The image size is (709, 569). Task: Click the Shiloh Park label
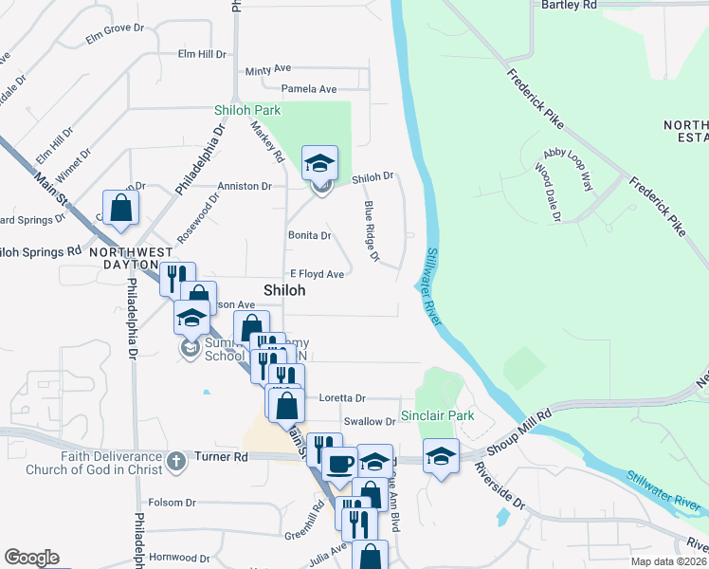(247, 110)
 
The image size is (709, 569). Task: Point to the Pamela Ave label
(315, 89)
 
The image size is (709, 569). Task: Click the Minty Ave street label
(267, 70)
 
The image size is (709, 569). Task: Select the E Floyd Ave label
(317, 274)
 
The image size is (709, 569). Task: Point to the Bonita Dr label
(309, 235)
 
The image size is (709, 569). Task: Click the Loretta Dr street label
(341, 398)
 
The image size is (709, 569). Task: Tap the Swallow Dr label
(369, 421)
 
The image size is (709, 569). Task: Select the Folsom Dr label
(172, 503)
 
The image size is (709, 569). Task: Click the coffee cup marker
(339, 464)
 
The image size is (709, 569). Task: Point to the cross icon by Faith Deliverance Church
(174, 463)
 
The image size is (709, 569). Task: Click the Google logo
(31, 558)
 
